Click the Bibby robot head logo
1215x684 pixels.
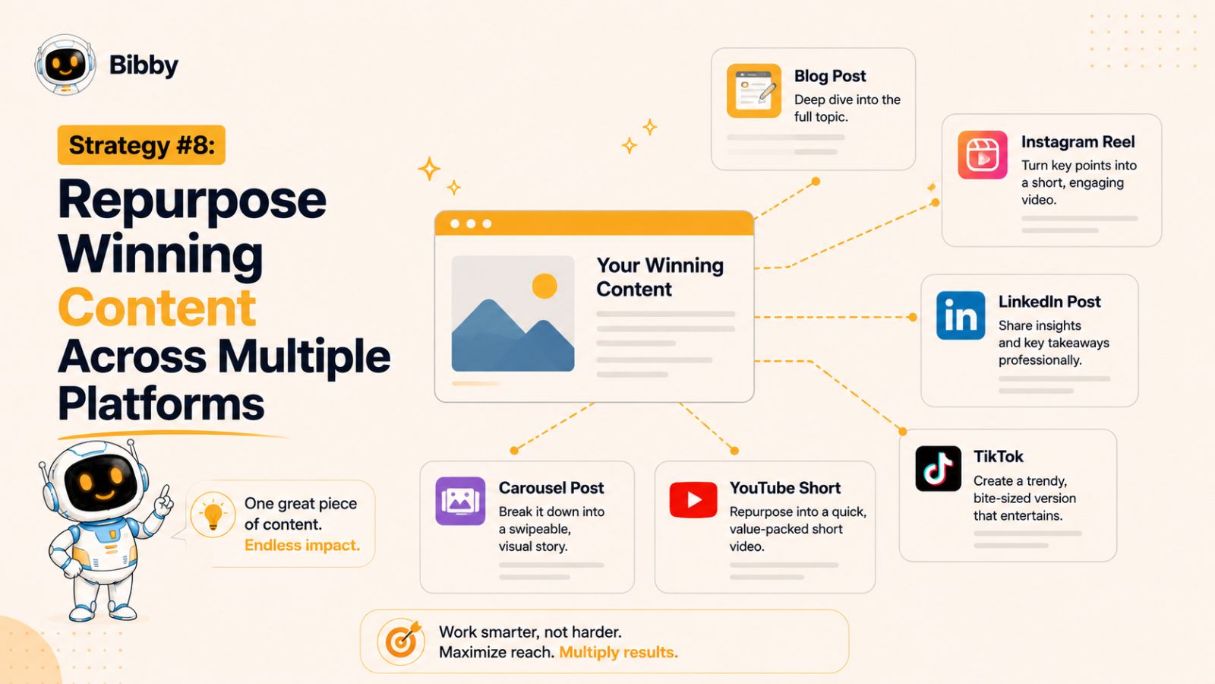pos(65,65)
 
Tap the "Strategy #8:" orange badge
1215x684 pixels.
pos(141,145)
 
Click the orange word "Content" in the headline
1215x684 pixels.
pos(156,307)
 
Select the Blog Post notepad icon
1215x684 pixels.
pos(754,90)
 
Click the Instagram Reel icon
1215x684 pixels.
pos(983,155)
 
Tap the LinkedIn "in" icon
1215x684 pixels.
pos(961,315)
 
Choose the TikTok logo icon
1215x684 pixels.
pos(939,468)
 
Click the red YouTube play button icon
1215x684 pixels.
pos(693,499)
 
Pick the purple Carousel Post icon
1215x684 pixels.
pos(460,501)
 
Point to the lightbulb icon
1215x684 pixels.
pos(213,515)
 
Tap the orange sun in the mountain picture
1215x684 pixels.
pos(544,286)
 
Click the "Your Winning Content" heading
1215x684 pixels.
pos(660,277)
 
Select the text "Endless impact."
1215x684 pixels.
pos(302,545)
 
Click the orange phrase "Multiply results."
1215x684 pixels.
pos(618,652)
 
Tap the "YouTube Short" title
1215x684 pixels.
pos(785,487)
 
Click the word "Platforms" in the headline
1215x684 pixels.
pos(161,404)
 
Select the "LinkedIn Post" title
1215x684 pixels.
pos(1049,301)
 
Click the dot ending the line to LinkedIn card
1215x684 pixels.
pos(913,317)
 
